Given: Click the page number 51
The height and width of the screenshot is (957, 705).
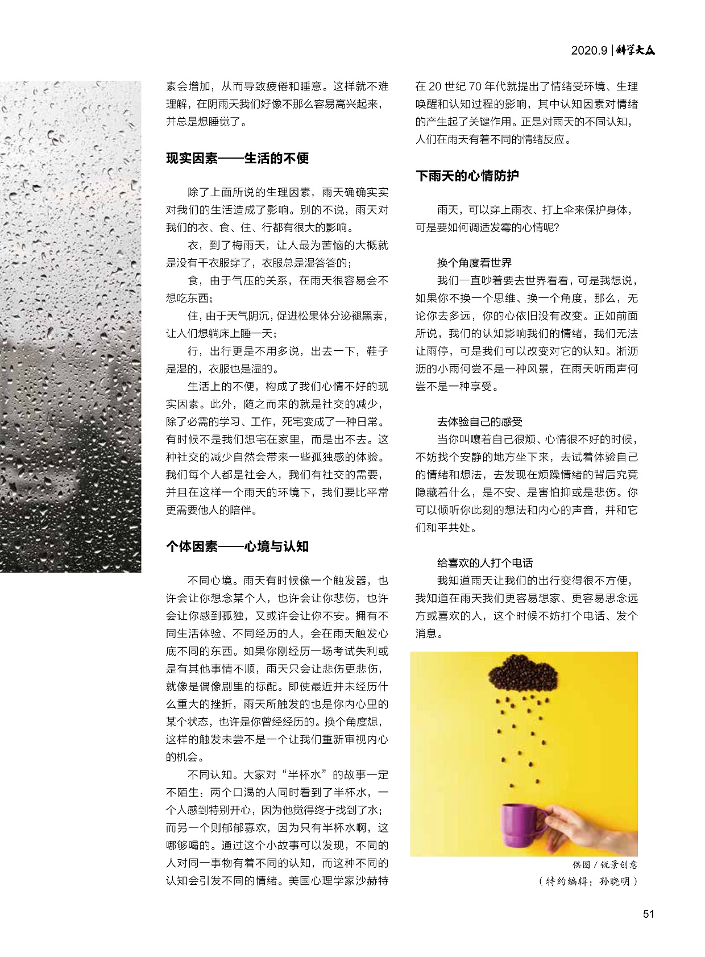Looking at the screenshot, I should pos(648,914).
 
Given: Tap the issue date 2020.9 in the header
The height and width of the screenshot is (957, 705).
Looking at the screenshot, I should pos(589,51).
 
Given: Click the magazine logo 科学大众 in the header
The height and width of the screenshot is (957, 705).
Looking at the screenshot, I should pos(636,50).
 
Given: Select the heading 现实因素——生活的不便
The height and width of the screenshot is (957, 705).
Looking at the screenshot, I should pos(237,158).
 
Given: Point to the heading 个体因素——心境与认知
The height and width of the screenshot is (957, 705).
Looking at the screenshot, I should pos(237,546).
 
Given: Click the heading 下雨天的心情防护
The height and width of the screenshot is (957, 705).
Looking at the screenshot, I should pos(467,176).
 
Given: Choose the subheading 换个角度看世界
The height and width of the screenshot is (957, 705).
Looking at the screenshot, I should pos(474,263).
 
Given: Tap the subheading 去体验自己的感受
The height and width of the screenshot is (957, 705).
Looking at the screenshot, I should pos(480,421).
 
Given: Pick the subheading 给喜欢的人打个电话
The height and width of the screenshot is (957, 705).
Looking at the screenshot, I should pos(485,563).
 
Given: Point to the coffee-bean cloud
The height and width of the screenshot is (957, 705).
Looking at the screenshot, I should pos(522,673).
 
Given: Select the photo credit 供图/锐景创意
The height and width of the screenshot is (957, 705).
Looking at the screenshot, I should pos(605,865).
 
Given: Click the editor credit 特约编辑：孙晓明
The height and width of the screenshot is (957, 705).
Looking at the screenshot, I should pos(588,882).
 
